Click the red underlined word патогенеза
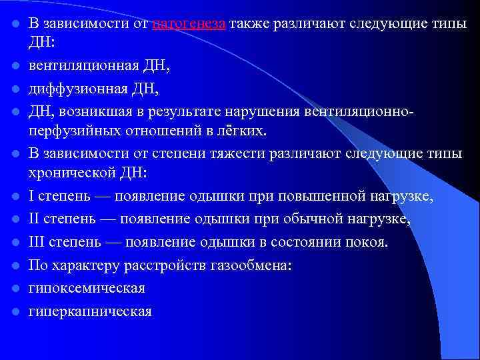[189, 24]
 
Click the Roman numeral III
[37, 241]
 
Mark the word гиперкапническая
[90, 311]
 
